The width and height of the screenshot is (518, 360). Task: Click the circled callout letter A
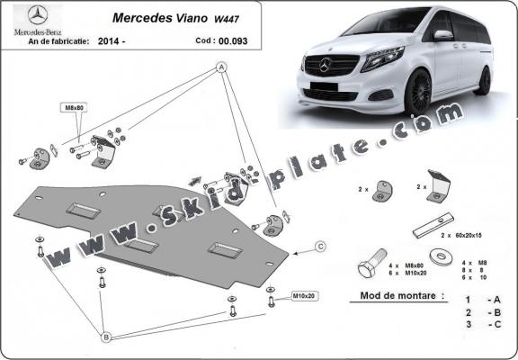pyautogui.click(x=221, y=68)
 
